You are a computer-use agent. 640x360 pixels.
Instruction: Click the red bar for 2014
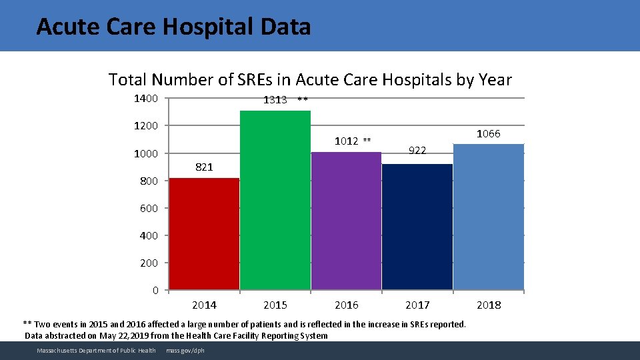tap(204, 233)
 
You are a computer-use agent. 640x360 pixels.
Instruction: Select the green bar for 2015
tap(275, 200)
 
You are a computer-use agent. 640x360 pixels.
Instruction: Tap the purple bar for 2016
tap(346, 221)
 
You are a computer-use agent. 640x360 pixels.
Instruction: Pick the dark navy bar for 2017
tap(417, 227)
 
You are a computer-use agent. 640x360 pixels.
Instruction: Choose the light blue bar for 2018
tap(489, 217)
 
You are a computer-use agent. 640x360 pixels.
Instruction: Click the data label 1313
tap(275, 100)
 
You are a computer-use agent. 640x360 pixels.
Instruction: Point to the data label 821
tap(204, 167)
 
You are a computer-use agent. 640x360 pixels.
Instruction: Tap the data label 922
tap(417, 151)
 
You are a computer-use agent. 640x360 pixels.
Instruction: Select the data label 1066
tap(488, 134)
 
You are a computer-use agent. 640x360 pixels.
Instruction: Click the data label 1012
tap(346, 141)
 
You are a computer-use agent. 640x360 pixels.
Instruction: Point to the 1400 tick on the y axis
tap(146, 99)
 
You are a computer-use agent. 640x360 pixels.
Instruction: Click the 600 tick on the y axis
tap(149, 208)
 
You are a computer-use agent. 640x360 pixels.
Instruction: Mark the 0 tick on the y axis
tap(155, 290)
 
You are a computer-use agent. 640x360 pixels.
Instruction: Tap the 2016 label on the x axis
tap(346, 305)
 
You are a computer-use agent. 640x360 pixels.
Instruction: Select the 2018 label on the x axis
tap(489, 305)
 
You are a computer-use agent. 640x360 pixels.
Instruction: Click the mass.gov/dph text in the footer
tap(186, 351)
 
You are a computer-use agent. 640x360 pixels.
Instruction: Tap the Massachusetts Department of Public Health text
tap(96, 351)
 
